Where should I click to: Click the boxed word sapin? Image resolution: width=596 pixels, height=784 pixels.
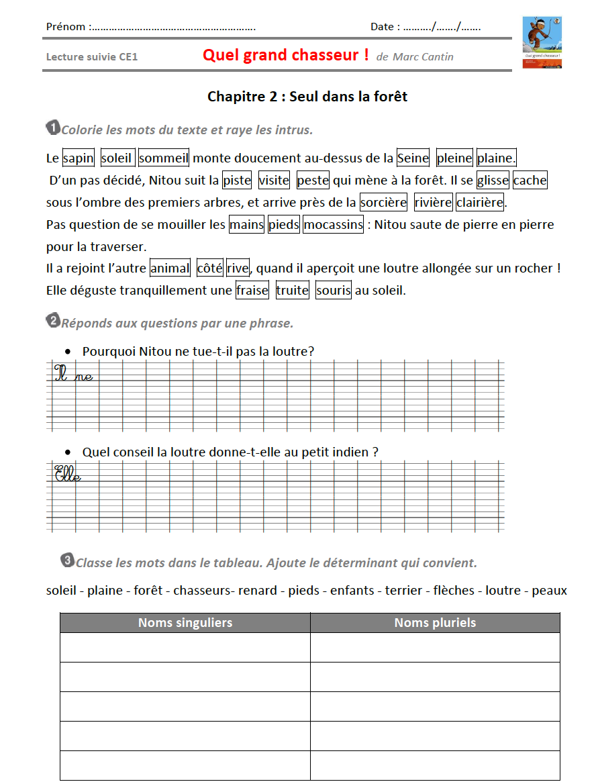[x=79, y=158]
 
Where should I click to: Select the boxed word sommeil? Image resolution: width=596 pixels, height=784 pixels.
[x=164, y=158]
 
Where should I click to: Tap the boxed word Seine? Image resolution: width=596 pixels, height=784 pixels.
[x=413, y=158]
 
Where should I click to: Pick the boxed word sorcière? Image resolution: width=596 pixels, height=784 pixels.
[x=383, y=203]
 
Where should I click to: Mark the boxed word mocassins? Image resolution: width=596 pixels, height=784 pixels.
[x=333, y=225]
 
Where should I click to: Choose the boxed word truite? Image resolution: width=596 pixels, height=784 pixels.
[x=292, y=291]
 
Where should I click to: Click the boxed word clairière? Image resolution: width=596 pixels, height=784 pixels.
[x=480, y=203]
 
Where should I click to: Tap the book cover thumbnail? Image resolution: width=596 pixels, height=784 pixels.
[x=542, y=42]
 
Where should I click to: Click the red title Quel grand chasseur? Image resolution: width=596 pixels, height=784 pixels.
[x=285, y=55]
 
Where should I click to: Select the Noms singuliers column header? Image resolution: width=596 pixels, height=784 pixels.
[x=185, y=623]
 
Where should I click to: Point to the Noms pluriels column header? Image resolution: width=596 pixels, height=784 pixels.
[x=435, y=623]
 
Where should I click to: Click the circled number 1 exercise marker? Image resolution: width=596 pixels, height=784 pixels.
[x=52, y=127]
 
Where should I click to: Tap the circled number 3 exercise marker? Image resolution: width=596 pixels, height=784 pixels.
[x=67, y=560]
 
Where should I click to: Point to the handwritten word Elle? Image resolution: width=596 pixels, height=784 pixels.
[x=67, y=475]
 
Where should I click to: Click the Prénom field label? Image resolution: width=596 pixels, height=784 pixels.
[x=66, y=27]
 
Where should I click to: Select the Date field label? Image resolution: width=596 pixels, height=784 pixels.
[x=385, y=27]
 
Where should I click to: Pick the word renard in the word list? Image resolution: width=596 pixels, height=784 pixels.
[x=257, y=591]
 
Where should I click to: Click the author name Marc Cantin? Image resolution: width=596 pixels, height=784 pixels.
[x=423, y=57]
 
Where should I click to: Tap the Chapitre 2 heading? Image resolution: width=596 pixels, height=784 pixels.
[x=307, y=97]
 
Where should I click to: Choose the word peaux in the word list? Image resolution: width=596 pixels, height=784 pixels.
[x=549, y=591]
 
